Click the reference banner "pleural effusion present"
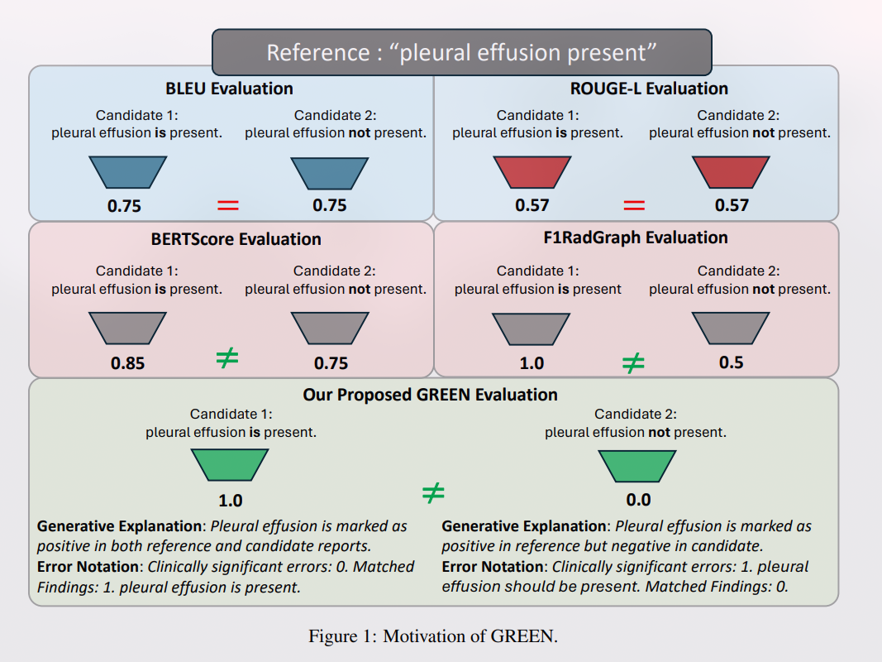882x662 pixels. [x=461, y=52]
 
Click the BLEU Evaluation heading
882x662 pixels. [x=229, y=89]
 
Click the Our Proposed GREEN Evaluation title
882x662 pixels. [x=430, y=395]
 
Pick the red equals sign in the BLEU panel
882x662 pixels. [x=227, y=205]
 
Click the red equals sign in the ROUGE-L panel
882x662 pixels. [x=634, y=205]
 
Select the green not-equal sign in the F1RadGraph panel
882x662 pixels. [x=633, y=362]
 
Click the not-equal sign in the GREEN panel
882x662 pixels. [x=433, y=494]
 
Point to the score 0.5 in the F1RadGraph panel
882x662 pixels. [x=731, y=362]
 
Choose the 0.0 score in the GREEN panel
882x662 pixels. [x=638, y=500]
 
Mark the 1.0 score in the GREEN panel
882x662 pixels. [x=230, y=501]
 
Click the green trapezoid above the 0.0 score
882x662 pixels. [x=638, y=464]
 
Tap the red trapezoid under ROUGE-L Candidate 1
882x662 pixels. [x=532, y=172]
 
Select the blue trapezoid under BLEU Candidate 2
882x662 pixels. [x=330, y=172]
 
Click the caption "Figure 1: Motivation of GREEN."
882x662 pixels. [x=433, y=636]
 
